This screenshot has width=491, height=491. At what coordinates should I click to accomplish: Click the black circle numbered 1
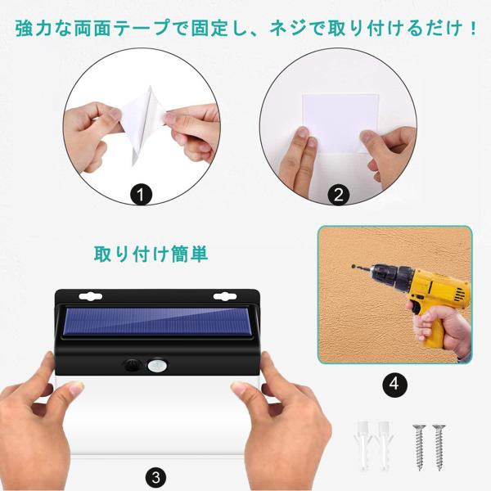coord(141,195)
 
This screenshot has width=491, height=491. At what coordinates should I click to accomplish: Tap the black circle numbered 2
coord(339,195)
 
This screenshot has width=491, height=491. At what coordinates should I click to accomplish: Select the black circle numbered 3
coord(156,478)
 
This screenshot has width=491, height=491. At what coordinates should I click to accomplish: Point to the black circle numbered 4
coord(394,384)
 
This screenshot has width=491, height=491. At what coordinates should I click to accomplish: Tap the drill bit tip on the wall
coord(353,266)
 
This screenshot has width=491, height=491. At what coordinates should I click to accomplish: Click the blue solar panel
coord(157,322)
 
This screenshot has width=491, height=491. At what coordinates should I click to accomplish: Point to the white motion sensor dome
coord(157,365)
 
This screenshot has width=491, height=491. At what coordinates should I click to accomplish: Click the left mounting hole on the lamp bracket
coord(91,296)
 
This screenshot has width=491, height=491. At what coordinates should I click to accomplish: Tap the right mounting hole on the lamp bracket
coord(224,296)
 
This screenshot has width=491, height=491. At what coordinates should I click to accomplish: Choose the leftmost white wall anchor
coord(363,445)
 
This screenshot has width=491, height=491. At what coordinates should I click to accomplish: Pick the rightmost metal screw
coord(439,447)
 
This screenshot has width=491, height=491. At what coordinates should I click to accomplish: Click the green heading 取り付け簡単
coord(151,254)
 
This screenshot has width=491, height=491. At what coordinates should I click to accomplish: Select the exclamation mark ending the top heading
coord(473,28)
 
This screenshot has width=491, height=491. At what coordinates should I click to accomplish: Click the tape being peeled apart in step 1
coord(143,124)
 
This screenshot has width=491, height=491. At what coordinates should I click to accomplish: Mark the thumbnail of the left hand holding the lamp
coord(75,389)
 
